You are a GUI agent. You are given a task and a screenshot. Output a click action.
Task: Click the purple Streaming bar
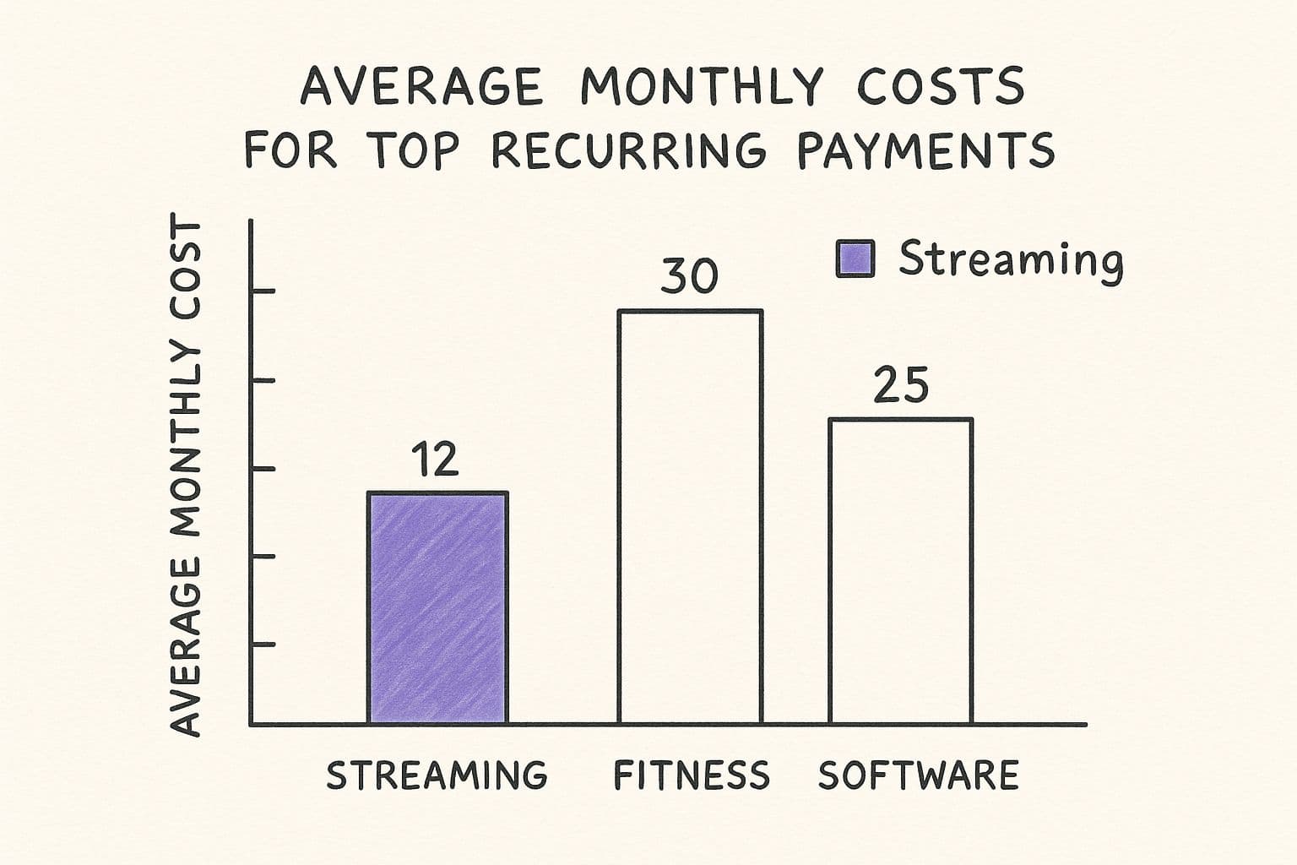[x=437, y=607]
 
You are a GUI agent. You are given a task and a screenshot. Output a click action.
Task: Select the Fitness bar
[x=690, y=517]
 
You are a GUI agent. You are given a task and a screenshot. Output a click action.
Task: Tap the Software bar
[x=900, y=571]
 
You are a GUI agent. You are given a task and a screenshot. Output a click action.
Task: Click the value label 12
[x=435, y=460]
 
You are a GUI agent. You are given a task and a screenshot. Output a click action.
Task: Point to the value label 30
[x=689, y=276]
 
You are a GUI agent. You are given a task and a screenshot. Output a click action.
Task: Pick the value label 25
[x=900, y=385]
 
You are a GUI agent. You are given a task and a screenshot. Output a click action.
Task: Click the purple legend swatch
[x=855, y=258]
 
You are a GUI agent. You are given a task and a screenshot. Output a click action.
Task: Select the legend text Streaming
[x=1010, y=259]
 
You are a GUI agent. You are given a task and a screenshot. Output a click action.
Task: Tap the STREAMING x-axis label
[x=437, y=775]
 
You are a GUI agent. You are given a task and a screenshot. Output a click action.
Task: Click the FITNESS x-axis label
[x=692, y=775]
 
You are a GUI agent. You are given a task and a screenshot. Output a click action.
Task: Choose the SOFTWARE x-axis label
[x=918, y=775]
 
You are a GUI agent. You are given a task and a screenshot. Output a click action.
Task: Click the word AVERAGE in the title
[x=422, y=86]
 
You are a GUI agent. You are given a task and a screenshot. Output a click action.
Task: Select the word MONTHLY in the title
[x=701, y=86]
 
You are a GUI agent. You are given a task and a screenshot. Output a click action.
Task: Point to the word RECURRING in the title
[x=629, y=150]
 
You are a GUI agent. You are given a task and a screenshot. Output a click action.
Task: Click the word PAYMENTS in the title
[x=925, y=150]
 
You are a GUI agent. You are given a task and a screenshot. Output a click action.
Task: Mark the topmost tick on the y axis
[x=263, y=291]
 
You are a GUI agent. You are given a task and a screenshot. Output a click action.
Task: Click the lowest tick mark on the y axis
[x=263, y=645]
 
